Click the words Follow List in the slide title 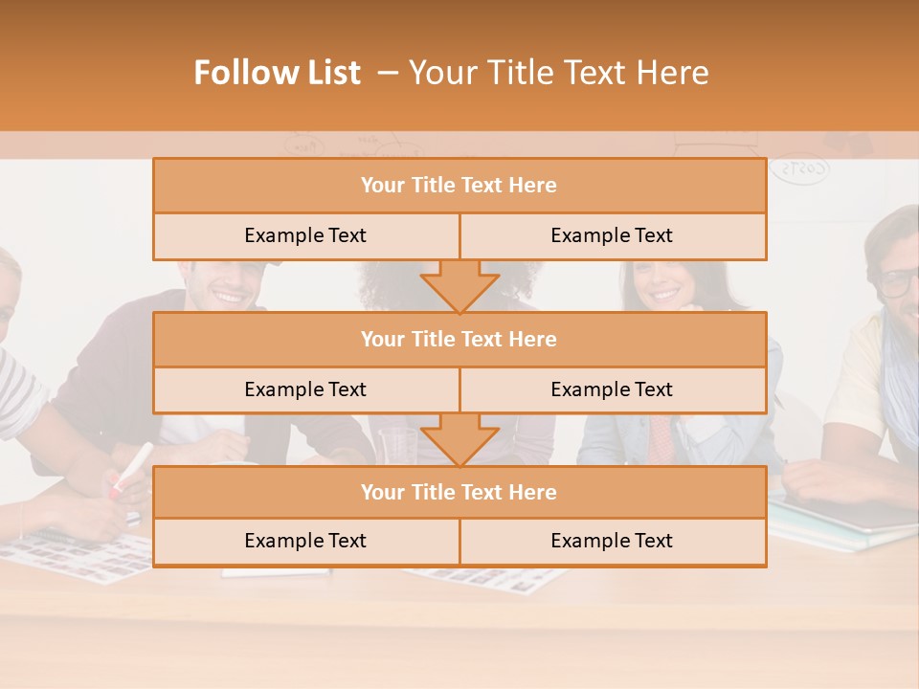(277, 73)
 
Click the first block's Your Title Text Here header (459, 186)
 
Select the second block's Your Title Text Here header (459, 339)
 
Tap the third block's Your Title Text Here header (459, 492)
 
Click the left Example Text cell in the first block (305, 235)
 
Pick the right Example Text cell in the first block (612, 235)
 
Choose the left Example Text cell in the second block (305, 389)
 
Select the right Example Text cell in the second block (612, 389)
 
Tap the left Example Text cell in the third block (305, 541)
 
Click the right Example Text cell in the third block (612, 541)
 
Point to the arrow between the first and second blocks (459, 285)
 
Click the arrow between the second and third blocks (459, 438)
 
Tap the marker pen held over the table (131, 469)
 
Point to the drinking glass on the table (397, 445)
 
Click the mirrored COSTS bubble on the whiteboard (799, 169)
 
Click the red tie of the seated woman (661, 435)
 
